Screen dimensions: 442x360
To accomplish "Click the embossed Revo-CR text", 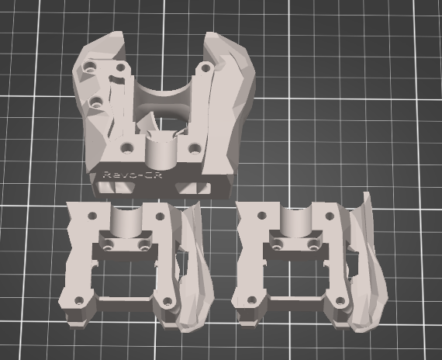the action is [x=133, y=175].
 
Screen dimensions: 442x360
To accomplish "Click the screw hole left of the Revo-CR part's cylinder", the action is [x=127, y=147].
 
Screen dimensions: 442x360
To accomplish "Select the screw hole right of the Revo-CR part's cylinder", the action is [x=195, y=148].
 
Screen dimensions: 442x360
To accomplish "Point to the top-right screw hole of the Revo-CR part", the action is [x=205, y=67].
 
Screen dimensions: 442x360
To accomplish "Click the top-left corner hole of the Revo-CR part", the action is [x=90, y=67].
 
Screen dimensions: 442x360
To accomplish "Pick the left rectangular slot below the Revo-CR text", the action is [x=115, y=188].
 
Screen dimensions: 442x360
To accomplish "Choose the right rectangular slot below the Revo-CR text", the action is [x=193, y=189].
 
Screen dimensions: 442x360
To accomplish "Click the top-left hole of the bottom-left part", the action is [x=92, y=216].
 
